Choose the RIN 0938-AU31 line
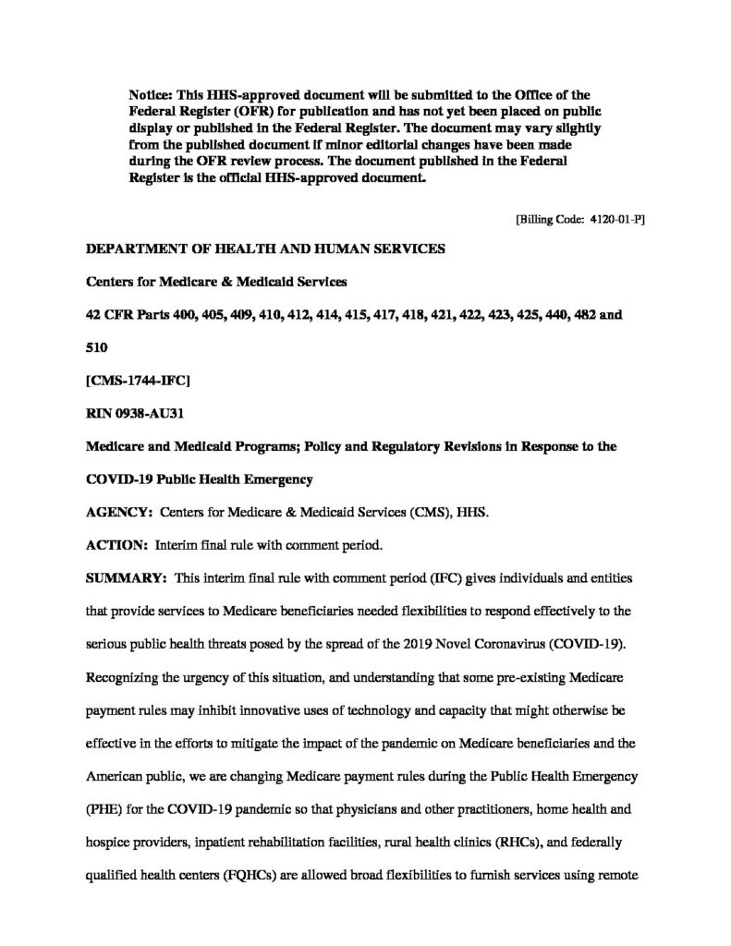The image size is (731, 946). tap(133, 413)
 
